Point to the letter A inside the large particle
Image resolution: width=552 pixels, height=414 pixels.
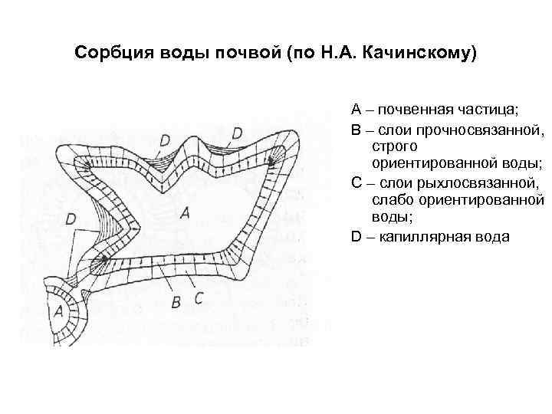click(x=183, y=213)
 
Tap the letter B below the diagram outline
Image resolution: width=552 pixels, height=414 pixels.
click(x=176, y=303)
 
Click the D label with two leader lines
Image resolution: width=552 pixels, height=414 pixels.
click(x=71, y=219)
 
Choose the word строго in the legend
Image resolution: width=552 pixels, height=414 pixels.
click(x=393, y=146)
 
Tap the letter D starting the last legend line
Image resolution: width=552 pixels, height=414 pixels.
click(x=356, y=237)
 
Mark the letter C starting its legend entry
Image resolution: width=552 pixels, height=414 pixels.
click(x=356, y=183)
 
